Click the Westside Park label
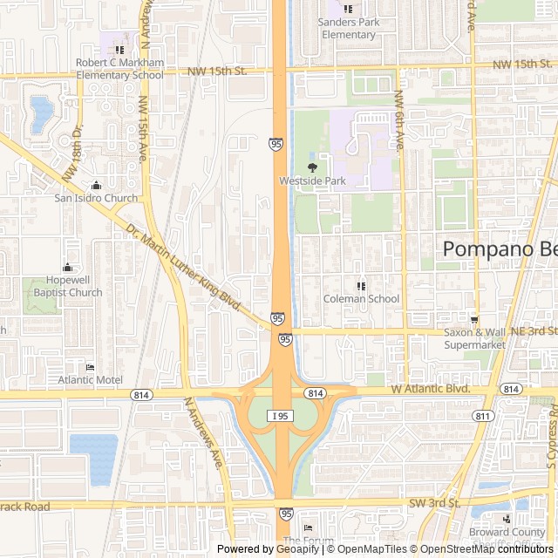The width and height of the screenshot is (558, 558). coord(312,181)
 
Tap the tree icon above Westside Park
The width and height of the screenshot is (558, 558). coord(312,167)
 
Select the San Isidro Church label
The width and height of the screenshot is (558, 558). coord(96,198)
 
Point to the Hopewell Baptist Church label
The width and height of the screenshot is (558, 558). coord(67,287)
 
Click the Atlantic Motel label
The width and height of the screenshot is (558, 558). coord(90,380)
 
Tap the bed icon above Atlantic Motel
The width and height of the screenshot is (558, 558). coord(90,367)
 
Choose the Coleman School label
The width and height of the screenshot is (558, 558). coord(361,299)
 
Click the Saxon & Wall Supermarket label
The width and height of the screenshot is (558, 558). coord(474,338)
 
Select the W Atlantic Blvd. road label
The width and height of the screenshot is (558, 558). coord(431,389)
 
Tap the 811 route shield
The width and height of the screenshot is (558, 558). coord(482,416)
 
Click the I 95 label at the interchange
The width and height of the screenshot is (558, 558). coord(281,416)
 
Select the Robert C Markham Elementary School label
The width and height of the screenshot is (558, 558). coord(119,68)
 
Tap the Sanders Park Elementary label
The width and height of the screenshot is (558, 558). coord(348,29)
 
